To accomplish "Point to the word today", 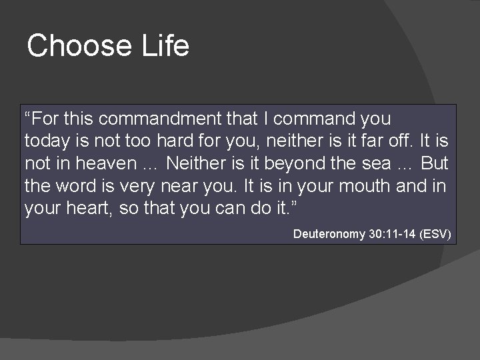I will point(44,141).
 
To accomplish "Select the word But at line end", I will point(435,163).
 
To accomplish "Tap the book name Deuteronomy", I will point(329,234).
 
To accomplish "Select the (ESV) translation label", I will point(436,234).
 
